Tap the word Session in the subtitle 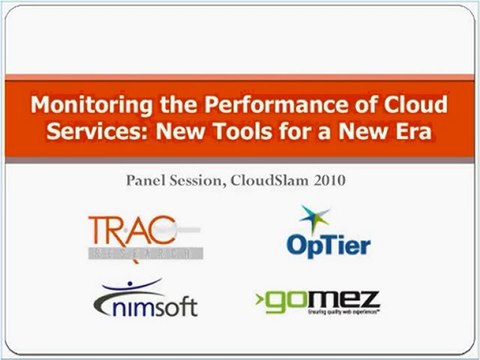(204, 181)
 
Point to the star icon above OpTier (315, 217)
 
